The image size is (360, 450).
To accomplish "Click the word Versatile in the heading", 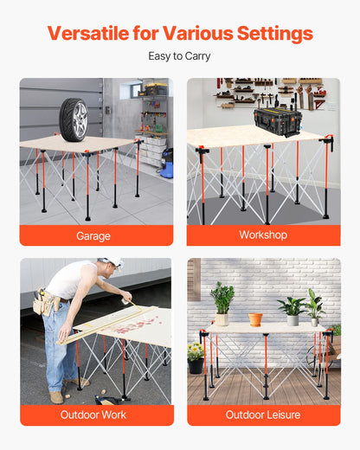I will [x=87, y=34].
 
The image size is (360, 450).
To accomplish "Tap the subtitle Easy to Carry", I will [x=179, y=56].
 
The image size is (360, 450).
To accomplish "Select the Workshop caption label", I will [x=263, y=235].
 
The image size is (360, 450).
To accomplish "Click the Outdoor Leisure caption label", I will [x=263, y=415].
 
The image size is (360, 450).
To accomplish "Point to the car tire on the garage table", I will [x=74, y=119].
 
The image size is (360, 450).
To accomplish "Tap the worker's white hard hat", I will [x=110, y=263].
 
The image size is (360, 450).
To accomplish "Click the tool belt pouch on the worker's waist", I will [x=44, y=304].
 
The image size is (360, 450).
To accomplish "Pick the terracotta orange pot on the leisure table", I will [x=255, y=318].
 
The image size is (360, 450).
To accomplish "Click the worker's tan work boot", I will [x=57, y=396].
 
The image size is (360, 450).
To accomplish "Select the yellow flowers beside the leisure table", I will [x=196, y=351].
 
